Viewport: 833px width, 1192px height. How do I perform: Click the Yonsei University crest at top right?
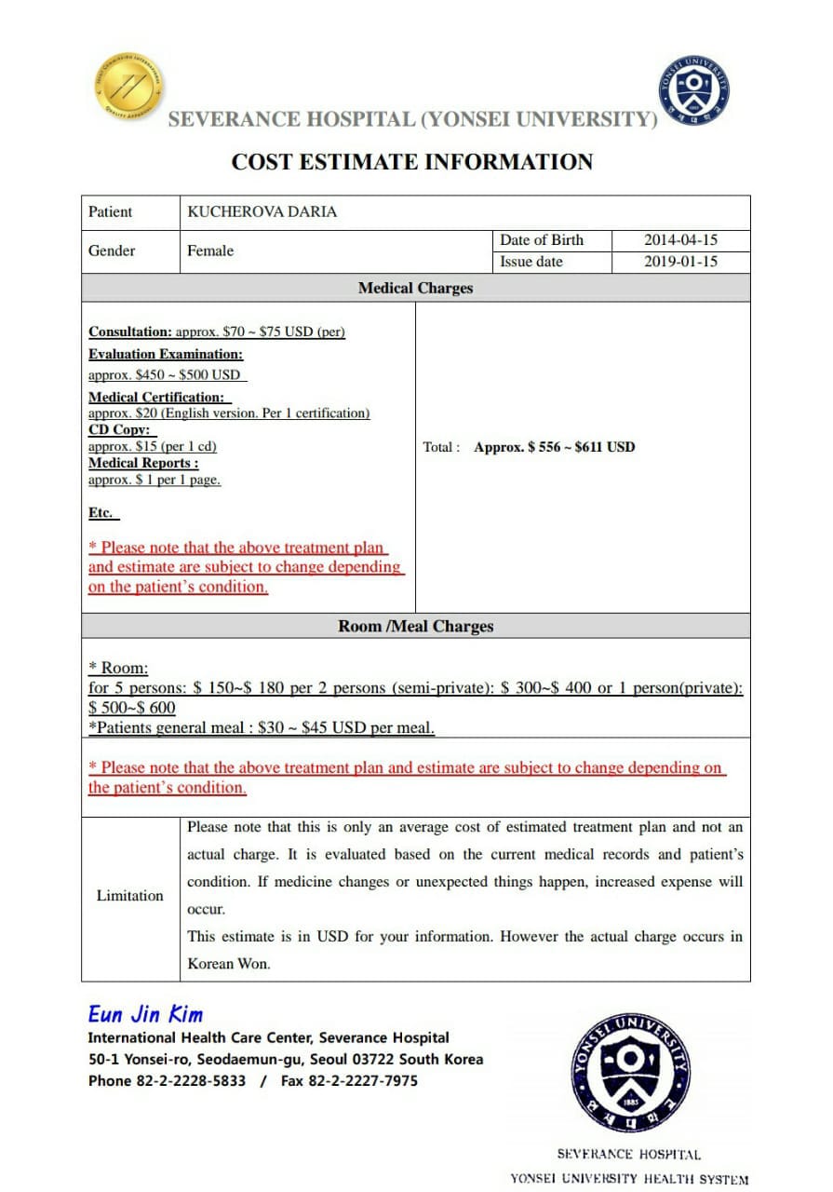coord(693,90)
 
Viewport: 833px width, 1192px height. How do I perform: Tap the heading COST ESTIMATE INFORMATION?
coord(411,162)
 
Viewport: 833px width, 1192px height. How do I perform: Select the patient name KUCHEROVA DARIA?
coord(262,212)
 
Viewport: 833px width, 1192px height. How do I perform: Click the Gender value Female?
coord(210,251)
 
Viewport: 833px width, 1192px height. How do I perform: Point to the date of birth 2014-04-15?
coord(680,240)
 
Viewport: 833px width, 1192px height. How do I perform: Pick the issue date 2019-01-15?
coord(680,262)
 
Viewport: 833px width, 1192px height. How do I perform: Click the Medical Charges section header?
coord(415,289)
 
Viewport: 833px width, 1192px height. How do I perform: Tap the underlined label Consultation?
coord(130,332)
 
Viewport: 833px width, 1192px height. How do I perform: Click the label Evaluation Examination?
coord(166,354)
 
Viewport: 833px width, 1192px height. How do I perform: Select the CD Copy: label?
coord(121,430)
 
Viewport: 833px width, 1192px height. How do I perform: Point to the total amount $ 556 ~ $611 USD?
coord(554,447)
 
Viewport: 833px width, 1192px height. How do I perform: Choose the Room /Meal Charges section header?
coord(415,627)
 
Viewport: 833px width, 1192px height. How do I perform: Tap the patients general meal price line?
coord(262,727)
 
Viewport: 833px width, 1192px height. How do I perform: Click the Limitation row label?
coord(130,896)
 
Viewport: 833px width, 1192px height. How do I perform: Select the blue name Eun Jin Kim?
coord(145,1014)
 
